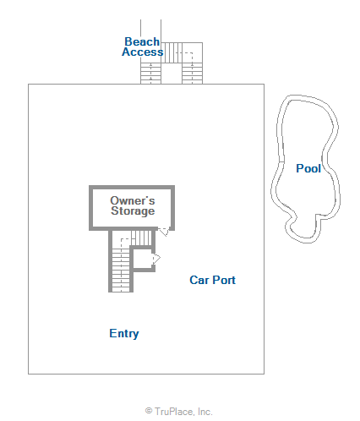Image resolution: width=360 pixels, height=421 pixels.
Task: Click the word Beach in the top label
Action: coord(142,41)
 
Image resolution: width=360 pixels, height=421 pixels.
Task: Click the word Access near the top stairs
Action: coord(143,52)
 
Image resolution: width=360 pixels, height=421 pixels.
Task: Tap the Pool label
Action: coord(308,168)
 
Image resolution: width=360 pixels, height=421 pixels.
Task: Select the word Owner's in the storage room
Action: coord(133,200)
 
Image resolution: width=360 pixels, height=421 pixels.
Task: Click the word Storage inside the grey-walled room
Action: coord(133,211)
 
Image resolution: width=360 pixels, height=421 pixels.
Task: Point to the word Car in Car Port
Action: coord(199,280)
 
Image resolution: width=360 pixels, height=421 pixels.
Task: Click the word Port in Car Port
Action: coord(224,280)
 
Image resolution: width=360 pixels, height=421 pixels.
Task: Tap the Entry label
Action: coord(124,334)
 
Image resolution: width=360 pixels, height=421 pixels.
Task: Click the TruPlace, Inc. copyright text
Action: coord(178,412)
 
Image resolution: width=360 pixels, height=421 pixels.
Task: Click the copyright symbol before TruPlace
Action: coord(149,411)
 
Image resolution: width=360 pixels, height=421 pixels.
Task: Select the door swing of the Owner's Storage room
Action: coord(164,232)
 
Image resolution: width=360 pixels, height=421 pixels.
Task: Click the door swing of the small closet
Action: coord(156,258)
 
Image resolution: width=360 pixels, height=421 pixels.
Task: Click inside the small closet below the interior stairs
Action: coord(143,259)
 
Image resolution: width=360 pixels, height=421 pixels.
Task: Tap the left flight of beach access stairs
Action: coord(150,74)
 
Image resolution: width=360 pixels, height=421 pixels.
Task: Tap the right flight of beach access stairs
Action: coord(192,74)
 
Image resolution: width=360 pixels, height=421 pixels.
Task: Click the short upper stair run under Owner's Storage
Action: coord(141,238)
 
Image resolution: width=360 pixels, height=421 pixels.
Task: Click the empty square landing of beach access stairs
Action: coord(172,74)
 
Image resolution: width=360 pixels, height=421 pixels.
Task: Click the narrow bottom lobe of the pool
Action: coord(303,229)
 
